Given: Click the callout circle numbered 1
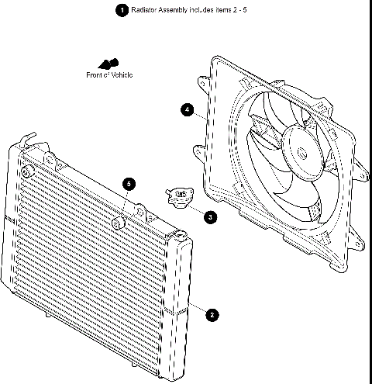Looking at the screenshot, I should coord(120,10).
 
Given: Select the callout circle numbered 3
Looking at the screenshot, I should coord(211,217).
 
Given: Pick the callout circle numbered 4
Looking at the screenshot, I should coord(188,110).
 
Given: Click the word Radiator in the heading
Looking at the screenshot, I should coord(145,10).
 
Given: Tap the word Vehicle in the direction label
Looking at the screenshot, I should coord(120,75).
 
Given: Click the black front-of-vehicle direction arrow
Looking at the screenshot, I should coord(107,63).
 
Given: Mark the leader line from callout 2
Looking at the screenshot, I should coord(197,309).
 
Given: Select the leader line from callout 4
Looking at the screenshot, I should coord(198,113).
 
